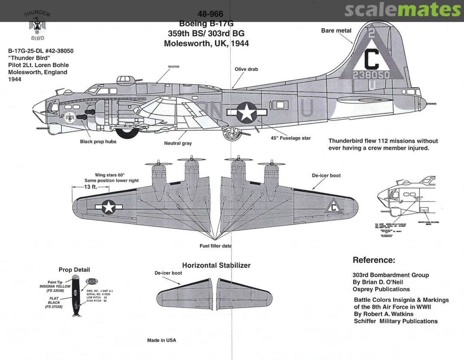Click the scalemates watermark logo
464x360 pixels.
point(403,9)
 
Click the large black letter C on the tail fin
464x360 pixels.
point(372,60)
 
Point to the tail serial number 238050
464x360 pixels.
point(371,75)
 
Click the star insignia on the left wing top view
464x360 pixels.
point(109,207)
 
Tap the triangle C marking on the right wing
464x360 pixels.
point(333,207)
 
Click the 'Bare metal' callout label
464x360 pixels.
point(336,31)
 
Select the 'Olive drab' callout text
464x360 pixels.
point(246,69)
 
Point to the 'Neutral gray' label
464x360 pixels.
point(178,143)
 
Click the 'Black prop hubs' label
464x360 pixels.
point(98,142)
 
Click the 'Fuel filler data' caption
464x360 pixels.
point(216,246)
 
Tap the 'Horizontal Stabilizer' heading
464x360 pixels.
point(216,265)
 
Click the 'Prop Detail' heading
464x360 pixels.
point(74,270)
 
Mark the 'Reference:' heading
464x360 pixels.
point(373,260)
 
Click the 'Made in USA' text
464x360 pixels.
point(162,340)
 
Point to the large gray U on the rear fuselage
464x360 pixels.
point(306,110)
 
